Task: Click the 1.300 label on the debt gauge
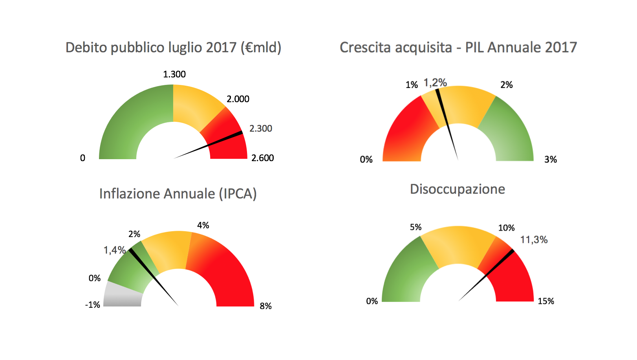point(174,74)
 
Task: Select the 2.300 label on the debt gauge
point(261,129)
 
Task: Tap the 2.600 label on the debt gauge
point(263,158)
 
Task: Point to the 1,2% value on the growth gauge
point(435,83)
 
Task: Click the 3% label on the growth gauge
point(551,160)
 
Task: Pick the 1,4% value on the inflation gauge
point(114,250)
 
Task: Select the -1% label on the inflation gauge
point(93,305)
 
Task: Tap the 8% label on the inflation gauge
point(265,306)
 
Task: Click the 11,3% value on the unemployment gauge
point(534,240)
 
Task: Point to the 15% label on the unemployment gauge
point(546,301)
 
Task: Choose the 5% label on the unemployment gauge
point(416,227)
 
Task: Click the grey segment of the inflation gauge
point(123,295)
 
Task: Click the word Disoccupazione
point(458,189)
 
